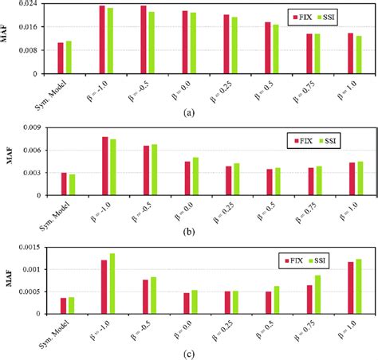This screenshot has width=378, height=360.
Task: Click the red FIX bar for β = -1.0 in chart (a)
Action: (x=102, y=40)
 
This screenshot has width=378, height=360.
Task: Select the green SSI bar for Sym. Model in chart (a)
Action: (x=69, y=57)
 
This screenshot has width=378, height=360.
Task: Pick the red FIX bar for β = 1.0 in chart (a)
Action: (x=350, y=53)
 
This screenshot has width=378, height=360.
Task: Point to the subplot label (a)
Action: (x=188, y=112)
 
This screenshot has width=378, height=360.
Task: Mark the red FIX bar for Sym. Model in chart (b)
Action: (x=64, y=183)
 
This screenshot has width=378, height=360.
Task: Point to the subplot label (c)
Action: (x=188, y=354)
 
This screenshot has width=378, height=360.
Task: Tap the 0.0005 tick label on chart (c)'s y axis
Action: (x=28, y=292)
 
